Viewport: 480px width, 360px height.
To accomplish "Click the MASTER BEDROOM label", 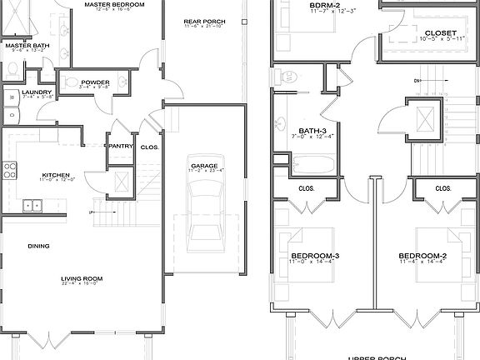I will tap(115, 5).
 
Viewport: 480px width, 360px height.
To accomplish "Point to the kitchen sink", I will tap(33, 204).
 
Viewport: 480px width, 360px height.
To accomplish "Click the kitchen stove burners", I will tap(10, 171).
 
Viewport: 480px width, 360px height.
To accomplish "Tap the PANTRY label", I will tap(121, 147).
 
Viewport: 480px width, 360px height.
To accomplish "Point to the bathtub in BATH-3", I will tap(316, 163).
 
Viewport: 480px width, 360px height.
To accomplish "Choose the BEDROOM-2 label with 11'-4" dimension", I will tap(422, 255).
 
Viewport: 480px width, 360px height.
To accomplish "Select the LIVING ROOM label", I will tap(81, 278).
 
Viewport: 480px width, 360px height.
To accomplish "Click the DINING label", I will tap(38, 246).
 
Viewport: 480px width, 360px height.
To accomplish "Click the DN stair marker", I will tap(417, 80).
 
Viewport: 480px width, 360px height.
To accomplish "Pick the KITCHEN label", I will tap(55, 175).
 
